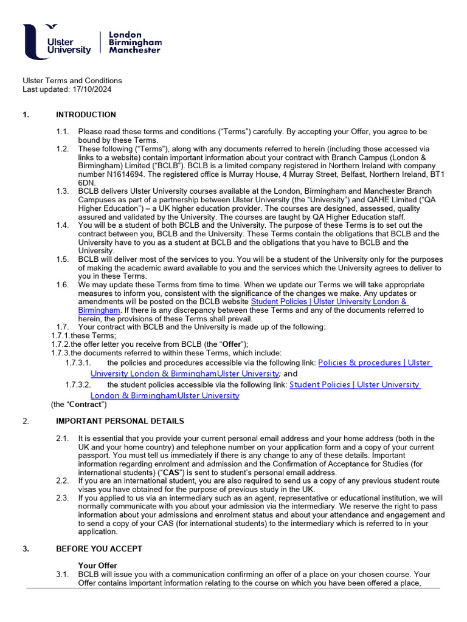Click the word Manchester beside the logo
(x=134, y=50)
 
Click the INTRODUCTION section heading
(x=86, y=115)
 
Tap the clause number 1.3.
(x=63, y=191)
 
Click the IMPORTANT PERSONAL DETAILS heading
(x=120, y=421)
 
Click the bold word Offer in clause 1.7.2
(x=231, y=344)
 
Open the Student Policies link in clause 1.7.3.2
(x=355, y=384)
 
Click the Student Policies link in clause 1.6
(x=328, y=302)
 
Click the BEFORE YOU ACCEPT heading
(x=99, y=549)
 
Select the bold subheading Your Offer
(x=97, y=566)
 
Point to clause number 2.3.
(x=63, y=498)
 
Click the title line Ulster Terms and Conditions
(x=72, y=81)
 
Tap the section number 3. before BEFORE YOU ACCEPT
(x=26, y=549)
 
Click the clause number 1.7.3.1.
(x=78, y=363)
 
